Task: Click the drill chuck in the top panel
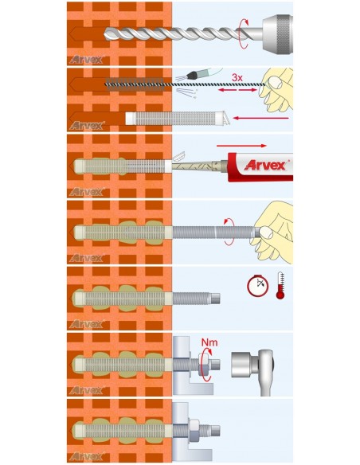coord(277,32)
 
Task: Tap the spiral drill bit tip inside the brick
coord(107,33)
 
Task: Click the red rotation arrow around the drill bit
coord(244,33)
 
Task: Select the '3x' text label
coord(237,78)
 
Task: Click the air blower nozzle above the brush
coord(193,76)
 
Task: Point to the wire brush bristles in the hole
coord(135,84)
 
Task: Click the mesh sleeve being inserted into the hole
coord(177,118)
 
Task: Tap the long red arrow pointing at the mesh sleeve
coord(260,118)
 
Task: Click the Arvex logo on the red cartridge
coord(266,165)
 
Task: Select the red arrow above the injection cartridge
coord(241,146)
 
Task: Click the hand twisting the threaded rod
coord(272,231)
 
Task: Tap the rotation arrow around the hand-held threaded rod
coord(229,232)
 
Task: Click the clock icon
coord(257,286)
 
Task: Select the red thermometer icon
coord(280,285)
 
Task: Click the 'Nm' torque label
coord(209,342)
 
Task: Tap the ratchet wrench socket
coord(242,364)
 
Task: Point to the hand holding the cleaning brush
coord(276,90)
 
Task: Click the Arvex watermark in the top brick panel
coord(86,60)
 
